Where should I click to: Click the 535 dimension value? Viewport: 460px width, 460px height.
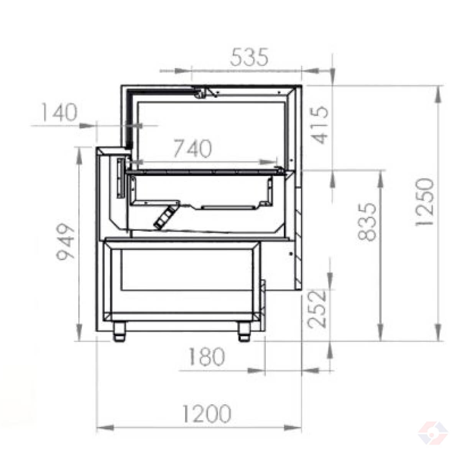[249, 57]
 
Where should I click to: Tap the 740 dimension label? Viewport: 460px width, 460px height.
[193, 148]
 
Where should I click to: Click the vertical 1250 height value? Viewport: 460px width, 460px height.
[424, 202]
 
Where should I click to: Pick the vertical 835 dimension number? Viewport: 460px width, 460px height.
[367, 222]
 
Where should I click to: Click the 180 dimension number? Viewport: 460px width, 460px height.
[207, 356]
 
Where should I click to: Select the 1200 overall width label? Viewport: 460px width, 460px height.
[207, 414]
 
